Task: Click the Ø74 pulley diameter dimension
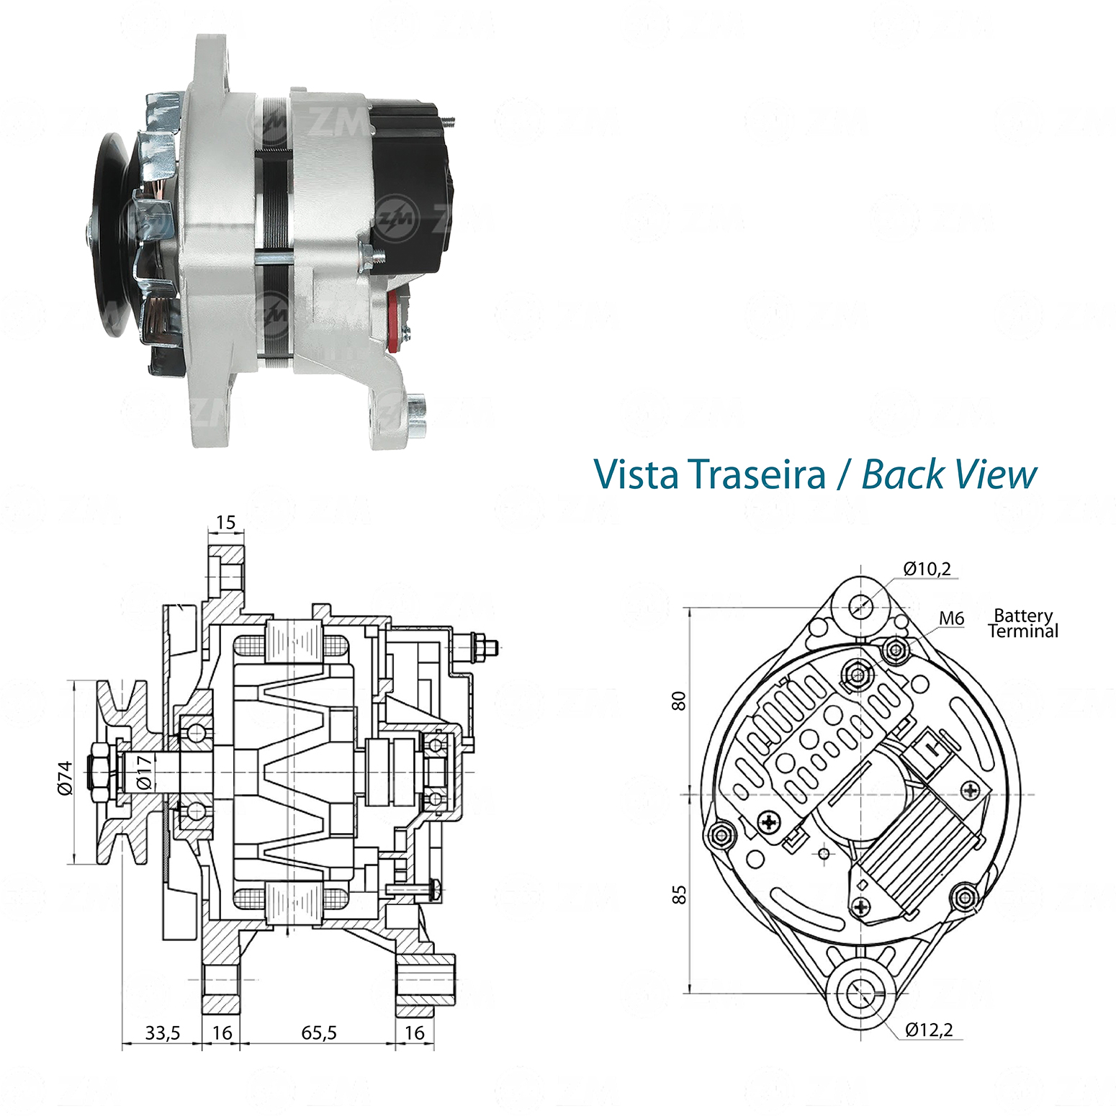65,778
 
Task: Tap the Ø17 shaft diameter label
145,772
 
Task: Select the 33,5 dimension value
163,1032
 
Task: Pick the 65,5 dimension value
319,1032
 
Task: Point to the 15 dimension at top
225,522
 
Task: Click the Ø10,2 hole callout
927,569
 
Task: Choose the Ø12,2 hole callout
930,1030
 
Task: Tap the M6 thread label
951,618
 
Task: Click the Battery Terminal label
1023,624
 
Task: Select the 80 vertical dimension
679,701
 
